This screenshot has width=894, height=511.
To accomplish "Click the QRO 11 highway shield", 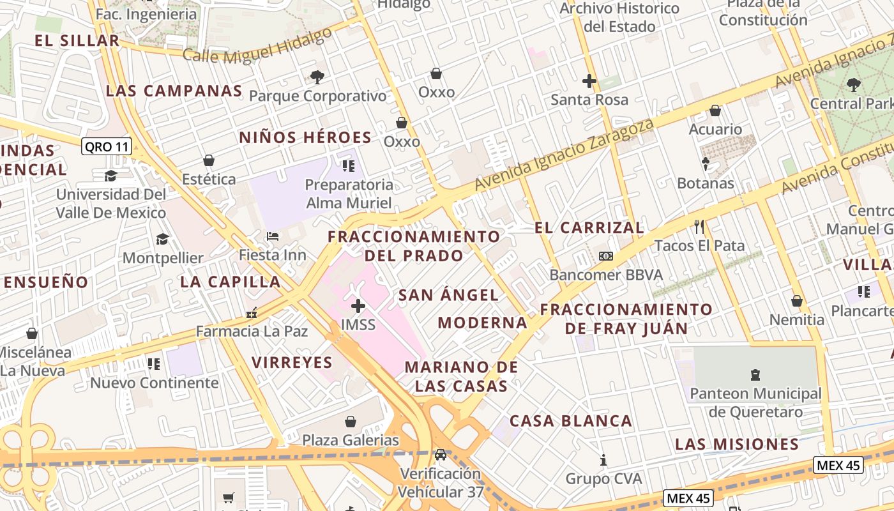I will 107,147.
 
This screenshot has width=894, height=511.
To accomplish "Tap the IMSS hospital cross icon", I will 358,306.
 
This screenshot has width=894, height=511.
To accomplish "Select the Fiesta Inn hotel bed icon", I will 273,236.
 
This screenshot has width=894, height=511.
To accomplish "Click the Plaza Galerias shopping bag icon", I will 350,422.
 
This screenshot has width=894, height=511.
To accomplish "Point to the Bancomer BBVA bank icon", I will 605,256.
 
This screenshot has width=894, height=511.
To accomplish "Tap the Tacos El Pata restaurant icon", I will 699,226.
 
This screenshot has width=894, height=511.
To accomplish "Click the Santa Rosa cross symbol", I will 589,81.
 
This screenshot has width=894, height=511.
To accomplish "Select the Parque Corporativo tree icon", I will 317,77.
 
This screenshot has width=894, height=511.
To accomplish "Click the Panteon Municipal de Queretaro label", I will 755,402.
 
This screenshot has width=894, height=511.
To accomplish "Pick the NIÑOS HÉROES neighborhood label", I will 305,137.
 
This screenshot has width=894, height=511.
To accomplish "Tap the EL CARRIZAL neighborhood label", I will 589,227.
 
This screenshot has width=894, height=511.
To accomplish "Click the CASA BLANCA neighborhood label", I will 571,421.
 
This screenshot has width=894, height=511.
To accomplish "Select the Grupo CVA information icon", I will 603,460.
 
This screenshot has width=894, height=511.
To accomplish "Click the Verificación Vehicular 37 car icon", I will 440,455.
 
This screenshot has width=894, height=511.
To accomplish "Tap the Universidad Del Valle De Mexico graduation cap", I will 111,176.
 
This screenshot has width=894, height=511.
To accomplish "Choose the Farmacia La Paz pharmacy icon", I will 252,313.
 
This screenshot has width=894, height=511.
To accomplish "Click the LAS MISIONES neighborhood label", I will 737,444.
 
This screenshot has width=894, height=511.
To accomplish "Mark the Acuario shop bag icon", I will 715,111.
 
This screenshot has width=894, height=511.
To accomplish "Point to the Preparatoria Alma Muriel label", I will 349,194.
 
